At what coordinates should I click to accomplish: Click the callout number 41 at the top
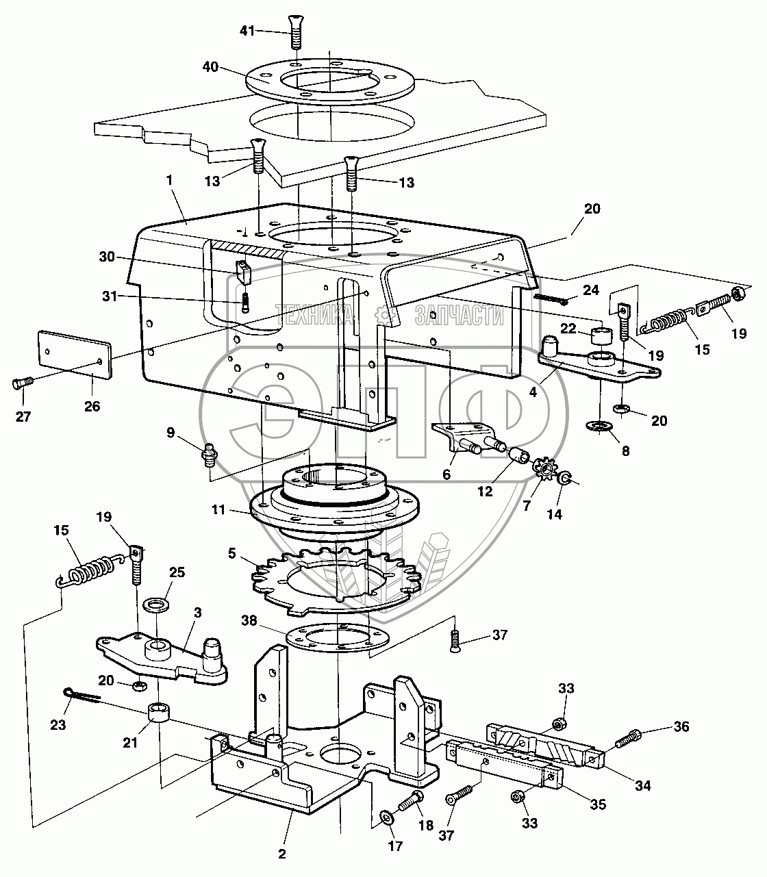click(247, 31)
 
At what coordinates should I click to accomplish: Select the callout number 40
click(210, 67)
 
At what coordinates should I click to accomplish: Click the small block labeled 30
click(243, 272)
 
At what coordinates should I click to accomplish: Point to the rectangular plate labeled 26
click(75, 355)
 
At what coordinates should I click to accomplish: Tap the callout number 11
click(218, 510)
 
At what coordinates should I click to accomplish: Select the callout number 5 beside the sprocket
click(231, 553)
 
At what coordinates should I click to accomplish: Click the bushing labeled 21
click(159, 713)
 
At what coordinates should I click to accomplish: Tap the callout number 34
click(642, 785)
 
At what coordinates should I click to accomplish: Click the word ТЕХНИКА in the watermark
click(315, 315)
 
